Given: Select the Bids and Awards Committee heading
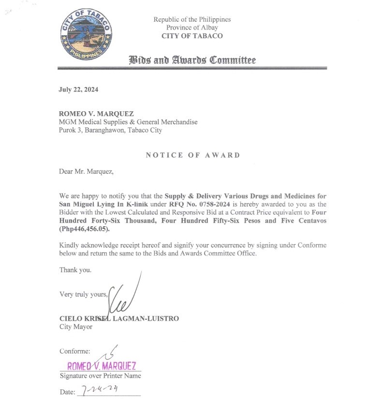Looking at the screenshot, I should point(192,60).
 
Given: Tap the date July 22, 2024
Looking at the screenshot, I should point(78,89).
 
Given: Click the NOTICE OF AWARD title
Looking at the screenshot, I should point(193,155).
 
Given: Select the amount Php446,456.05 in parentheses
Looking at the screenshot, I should point(85,229).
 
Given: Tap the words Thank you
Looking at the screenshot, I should point(75,270).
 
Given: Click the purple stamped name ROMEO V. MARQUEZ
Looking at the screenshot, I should point(102,366).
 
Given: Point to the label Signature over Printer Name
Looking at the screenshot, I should point(101,376).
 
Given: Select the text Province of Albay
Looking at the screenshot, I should point(192,28).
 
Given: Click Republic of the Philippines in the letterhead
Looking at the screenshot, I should point(192,19).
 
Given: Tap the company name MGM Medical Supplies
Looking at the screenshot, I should point(128,122).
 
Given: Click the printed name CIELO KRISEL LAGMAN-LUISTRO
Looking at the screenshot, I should point(119,318).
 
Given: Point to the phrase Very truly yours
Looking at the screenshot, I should point(83,294).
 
